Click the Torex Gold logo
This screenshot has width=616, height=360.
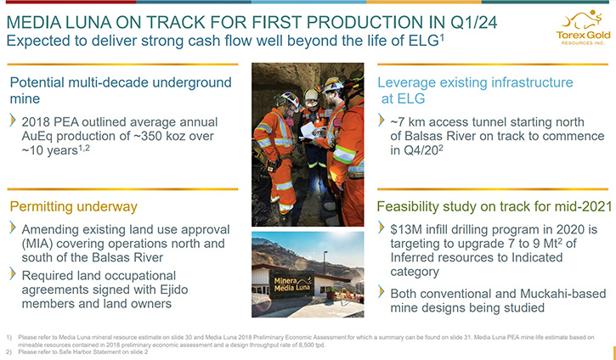584,27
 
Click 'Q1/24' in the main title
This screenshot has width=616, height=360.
474,22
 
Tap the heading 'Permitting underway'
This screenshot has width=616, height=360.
73,206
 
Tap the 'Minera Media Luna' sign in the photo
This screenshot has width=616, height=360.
291,284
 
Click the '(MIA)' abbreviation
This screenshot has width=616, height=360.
37,244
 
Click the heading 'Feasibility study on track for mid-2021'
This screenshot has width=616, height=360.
494,206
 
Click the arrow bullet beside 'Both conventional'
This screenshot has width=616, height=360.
381,292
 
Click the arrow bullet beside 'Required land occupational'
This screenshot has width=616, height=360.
13,274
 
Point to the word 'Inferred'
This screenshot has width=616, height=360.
413,257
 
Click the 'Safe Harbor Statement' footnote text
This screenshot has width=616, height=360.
103,352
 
